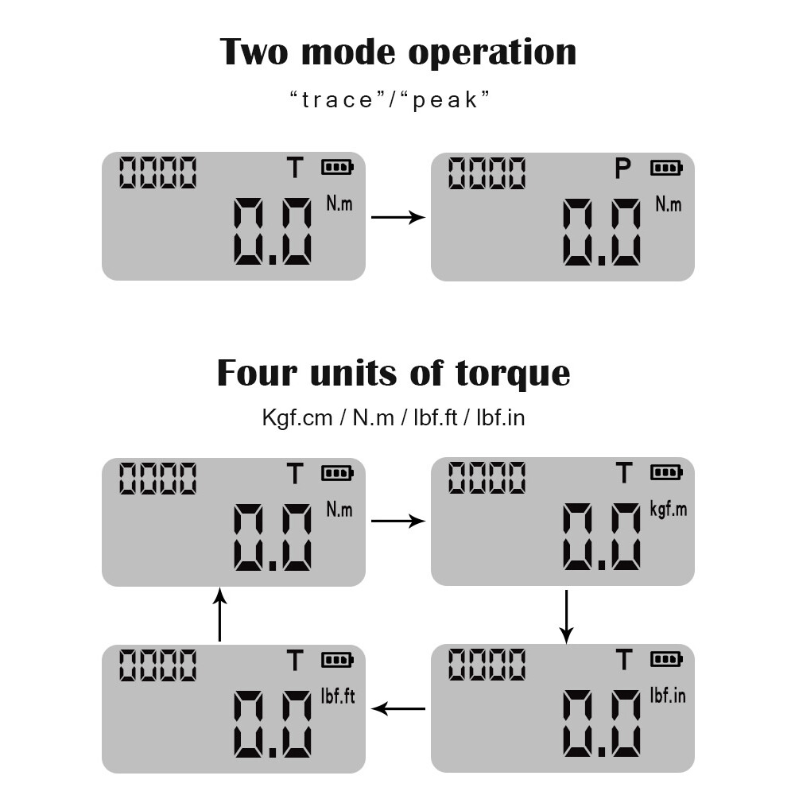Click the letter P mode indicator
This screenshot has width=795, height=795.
(622, 169)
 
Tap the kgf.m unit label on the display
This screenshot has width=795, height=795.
(669, 509)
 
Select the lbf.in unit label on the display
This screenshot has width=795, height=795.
(668, 695)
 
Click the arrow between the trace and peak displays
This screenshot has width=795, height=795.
(398, 217)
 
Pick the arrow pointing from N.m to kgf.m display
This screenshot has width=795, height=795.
(398, 521)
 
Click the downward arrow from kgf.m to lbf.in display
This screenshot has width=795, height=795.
(566, 617)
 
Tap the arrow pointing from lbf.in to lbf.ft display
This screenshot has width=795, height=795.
(398, 708)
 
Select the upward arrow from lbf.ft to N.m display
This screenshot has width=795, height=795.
(219, 614)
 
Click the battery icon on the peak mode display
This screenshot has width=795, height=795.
(666, 167)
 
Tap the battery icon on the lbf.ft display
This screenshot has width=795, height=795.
(337, 660)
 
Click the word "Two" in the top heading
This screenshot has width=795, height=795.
(254, 52)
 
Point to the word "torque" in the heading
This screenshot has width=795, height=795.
(513, 374)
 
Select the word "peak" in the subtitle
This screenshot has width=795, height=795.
(444, 100)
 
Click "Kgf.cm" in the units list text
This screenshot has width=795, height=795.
(297, 418)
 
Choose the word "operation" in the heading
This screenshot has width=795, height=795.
(492, 52)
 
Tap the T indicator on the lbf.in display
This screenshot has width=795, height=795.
(623, 660)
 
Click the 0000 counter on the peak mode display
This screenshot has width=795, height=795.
(487, 173)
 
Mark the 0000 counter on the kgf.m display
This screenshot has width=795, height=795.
(487, 477)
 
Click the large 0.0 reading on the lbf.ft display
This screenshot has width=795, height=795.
(272, 724)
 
